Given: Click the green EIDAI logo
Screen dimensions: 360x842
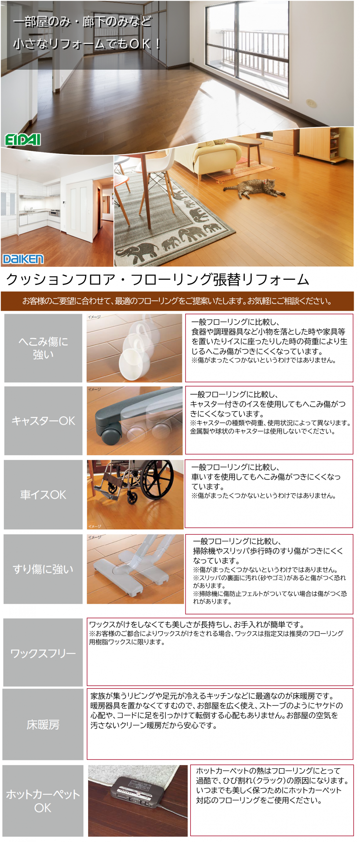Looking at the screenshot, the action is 22,140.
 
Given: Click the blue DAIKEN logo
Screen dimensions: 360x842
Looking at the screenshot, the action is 23,259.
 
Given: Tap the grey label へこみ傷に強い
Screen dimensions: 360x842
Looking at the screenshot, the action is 43,348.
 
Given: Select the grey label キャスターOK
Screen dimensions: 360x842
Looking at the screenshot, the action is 43,421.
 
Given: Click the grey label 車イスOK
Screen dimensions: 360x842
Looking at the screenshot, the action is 43,495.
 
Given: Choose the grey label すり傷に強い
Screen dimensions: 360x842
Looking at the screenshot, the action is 43,569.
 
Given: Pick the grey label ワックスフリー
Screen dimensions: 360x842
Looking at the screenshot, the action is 43,653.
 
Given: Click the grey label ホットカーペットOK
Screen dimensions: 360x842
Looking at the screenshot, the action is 43,801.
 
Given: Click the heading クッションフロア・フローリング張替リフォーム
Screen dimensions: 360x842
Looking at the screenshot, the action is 158,280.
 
